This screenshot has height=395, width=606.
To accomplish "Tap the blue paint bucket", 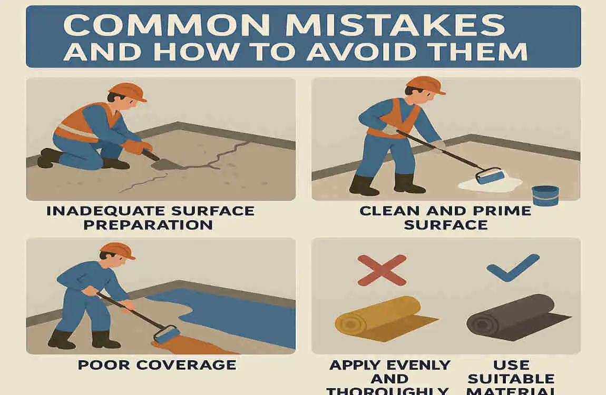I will [544, 194].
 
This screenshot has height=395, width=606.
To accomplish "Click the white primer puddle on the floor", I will [490, 184].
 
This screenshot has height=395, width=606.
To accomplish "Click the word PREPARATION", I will [151, 225].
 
